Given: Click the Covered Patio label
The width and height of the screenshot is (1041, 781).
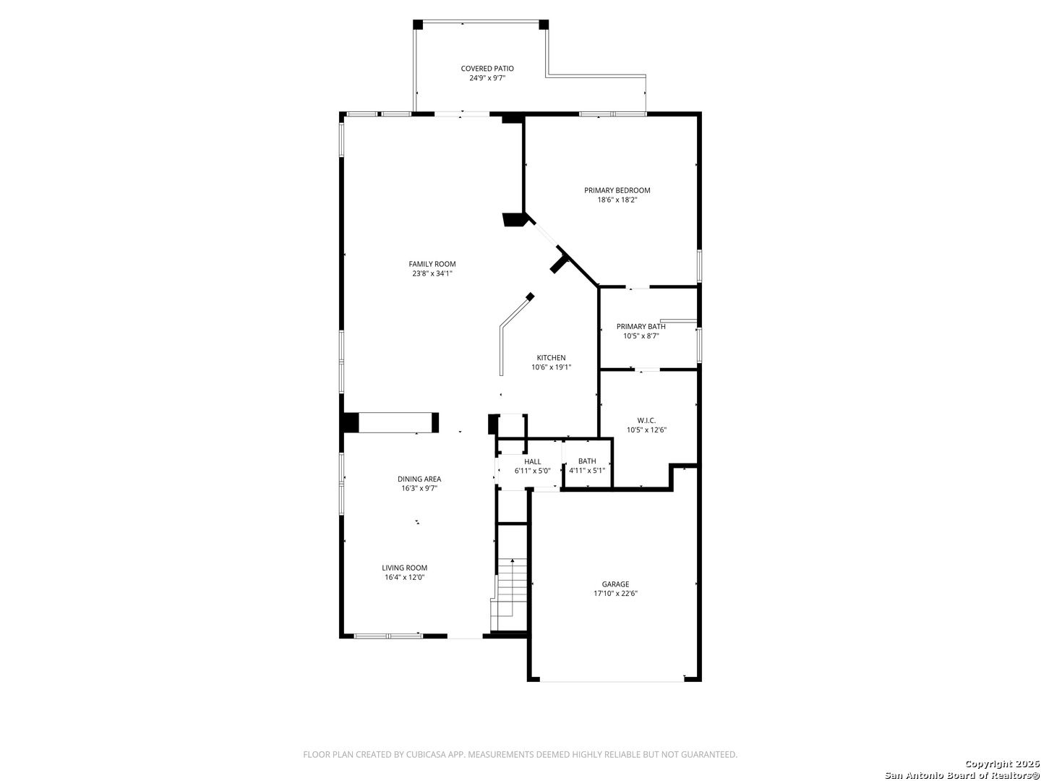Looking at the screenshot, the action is (x=487, y=69).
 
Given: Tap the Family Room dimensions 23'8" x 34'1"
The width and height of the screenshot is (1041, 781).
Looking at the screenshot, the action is (x=432, y=273).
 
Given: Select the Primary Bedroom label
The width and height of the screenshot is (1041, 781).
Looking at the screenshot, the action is (x=617, y=191).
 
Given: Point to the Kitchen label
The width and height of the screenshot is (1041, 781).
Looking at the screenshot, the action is (x=551, y=358).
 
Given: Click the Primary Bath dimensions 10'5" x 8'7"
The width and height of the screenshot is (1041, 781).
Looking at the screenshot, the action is (x=641, y=336).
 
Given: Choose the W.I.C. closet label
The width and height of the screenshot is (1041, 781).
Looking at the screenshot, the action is (x=646, y=421).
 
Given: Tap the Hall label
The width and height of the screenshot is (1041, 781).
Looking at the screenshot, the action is (x=533, y=462).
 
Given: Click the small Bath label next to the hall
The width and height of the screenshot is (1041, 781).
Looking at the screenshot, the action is (x=587, y=461).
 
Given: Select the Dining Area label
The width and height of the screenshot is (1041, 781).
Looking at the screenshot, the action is (x=419, y=479).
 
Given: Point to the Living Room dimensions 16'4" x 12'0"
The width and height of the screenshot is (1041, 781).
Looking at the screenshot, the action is (x=405, y=578).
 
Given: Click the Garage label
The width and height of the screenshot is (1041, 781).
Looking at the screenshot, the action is (x=616, y=585).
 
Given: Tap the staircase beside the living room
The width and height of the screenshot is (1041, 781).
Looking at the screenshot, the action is (x=510, y=594).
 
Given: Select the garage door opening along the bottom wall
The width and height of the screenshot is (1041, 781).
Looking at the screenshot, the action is (x=612, y=681).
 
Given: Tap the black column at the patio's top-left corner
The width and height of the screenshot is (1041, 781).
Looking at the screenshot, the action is (x=418, y=25).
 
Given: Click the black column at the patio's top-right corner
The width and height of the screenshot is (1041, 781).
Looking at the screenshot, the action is (x=544, y=25).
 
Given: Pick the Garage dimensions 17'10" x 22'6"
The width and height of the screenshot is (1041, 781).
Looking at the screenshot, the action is (x=616, y=594).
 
